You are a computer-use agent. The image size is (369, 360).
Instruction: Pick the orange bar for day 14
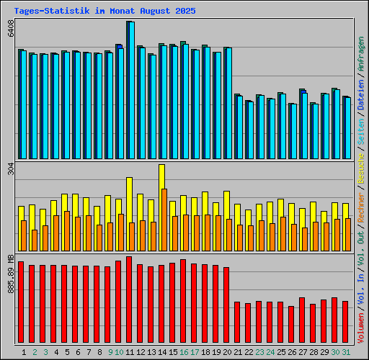[164, 220]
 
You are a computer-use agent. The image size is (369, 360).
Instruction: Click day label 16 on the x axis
[184, 352]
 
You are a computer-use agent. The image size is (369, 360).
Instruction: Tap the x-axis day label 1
[25, 352]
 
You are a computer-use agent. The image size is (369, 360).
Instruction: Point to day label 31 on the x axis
[346, 352]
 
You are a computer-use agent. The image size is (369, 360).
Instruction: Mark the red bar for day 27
[302, 320]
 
